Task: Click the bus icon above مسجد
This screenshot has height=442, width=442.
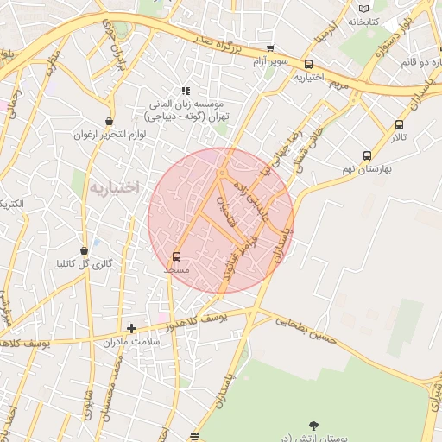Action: [x=177, y=256]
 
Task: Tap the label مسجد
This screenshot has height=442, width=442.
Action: [x=177, y=270]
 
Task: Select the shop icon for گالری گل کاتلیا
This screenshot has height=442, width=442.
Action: [x=84, y=250]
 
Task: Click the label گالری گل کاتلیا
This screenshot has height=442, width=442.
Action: [x=85, y=263]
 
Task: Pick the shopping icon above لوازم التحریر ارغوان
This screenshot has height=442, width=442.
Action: [x=108, y=122]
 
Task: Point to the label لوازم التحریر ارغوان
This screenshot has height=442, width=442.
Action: [x=106, y=135]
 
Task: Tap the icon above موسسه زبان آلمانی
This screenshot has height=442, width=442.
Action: [x=184, y=91]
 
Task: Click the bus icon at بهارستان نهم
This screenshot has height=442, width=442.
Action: [x=367, y=156]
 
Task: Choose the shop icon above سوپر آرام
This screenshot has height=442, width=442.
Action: [x=270, y=48]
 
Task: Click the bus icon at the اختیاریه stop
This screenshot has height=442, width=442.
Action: [x=308, y=64]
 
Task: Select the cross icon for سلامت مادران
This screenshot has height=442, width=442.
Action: [x=131, y=328]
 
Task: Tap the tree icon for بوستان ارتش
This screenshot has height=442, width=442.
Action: [x=313, y=425]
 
